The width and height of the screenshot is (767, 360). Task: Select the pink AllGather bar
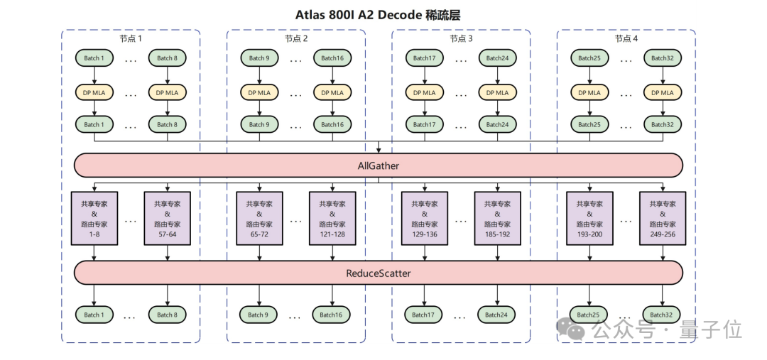coord(379,165)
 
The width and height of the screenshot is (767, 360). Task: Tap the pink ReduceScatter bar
coord(379,273)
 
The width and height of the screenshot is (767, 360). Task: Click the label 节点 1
coord(131,38)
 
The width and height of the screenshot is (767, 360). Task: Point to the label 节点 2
coord(296,38)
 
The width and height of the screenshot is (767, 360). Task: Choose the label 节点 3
coord(462,38)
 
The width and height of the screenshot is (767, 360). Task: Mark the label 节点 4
coord(626,38)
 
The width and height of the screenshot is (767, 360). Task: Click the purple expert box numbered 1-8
coord(94,218)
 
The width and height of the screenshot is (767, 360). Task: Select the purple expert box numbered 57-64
coord(168,218)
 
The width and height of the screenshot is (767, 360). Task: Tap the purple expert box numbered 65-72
coord(259,218)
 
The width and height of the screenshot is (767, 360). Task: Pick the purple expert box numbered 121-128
coord(332,218)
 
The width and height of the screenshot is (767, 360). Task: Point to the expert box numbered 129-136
coord(425,218)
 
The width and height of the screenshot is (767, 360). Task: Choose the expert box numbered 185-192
coord(497,218)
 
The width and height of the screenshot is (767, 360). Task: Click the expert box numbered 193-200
coord(589,218)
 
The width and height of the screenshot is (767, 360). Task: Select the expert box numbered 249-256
coord(663,218)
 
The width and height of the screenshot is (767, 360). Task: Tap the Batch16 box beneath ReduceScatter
coord(332,315)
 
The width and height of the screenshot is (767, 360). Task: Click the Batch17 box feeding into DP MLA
coord(425,58)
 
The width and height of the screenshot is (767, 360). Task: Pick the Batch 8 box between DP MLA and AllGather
coord(168,124)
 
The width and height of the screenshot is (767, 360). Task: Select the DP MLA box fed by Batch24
coord(497,92)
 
